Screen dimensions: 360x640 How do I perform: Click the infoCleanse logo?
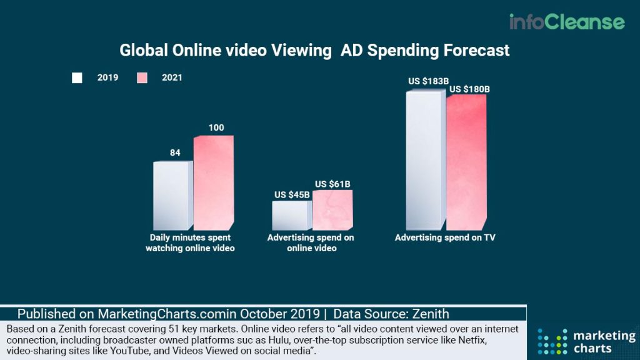coord(566,22)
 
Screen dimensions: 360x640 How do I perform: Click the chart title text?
coord(314,51)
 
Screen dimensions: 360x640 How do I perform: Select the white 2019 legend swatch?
coord(77,78)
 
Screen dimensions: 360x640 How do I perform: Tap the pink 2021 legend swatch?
coord(142,78)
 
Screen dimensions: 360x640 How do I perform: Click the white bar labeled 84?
coord(172,196)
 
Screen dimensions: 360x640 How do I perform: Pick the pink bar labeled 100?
coord(212,182)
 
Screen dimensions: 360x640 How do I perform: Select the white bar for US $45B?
coord(291,215)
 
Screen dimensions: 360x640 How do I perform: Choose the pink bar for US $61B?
coord(332,209)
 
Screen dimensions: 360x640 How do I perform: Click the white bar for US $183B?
coord(425,161)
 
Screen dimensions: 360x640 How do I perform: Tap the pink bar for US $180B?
coord(466,162)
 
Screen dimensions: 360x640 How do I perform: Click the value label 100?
coord(216,128)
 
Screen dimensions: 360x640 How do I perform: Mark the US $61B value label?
coord(332,184)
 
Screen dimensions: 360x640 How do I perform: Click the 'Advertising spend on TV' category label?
coord(445,238)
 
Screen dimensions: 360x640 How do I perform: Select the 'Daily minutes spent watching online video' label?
coord(190,243)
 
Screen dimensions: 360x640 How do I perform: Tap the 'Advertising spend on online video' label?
coord(311,243)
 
